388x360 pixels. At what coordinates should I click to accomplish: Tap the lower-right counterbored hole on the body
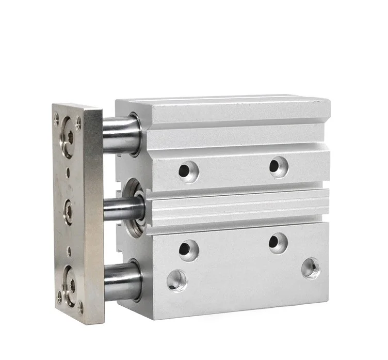pyautogui.click(x=278, y=243)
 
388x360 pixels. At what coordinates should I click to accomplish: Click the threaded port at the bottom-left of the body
pyautogui.click(x=177, y=281)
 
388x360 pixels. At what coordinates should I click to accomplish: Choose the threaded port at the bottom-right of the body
pyautogui.click(x=311, y=268)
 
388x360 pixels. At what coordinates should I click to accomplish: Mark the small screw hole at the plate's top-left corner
pyautogui.click(x=57, y=116)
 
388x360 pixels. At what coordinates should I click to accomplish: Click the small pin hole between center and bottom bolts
pyautogui.click(x=69, y=252)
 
